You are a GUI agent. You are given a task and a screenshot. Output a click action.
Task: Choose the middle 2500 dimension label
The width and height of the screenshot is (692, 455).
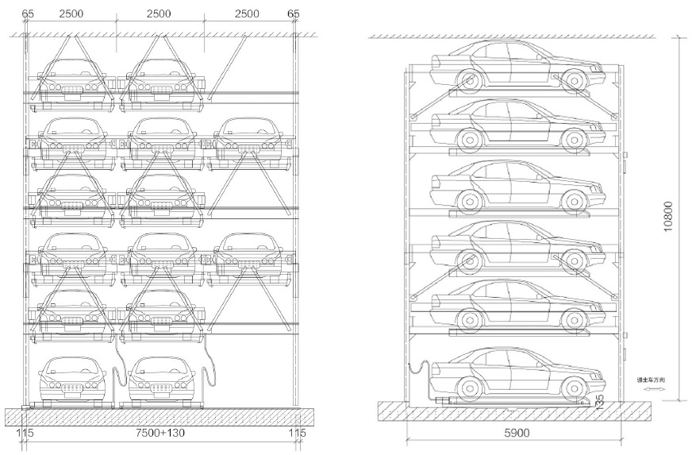click(160, 14)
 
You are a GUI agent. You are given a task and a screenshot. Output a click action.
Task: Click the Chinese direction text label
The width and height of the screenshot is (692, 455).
click(649, 381)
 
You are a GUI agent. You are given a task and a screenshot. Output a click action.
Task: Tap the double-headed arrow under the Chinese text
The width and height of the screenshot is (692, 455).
click(650, 391)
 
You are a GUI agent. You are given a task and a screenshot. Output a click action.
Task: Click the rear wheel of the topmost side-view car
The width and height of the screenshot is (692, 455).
click(468, 79)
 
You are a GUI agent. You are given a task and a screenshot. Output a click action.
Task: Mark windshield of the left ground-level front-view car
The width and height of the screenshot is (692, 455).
click(72, 367)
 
